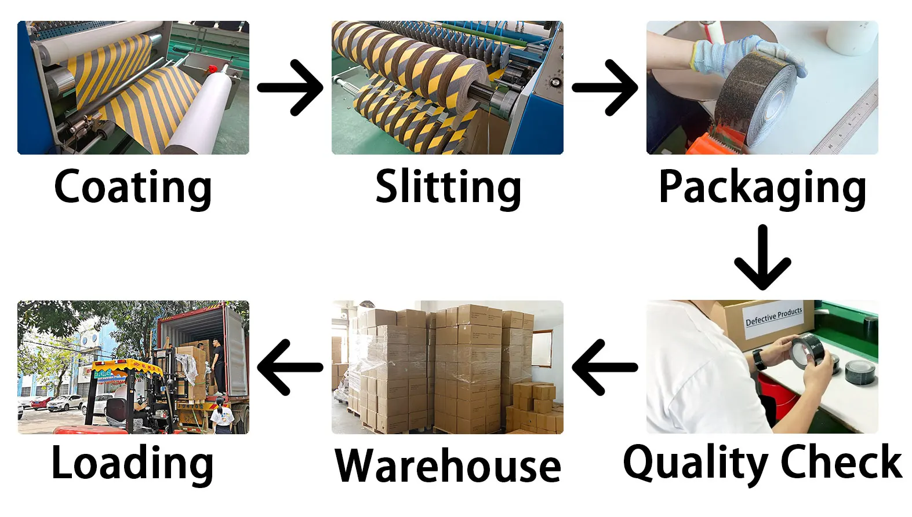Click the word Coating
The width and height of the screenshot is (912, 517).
point(133,186)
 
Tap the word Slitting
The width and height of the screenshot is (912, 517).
point(448,186)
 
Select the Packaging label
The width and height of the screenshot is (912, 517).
point(762,186)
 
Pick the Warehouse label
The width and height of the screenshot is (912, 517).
point(448,466)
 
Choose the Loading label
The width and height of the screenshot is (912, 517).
point(133,463)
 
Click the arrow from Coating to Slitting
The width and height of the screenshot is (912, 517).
point(290,87)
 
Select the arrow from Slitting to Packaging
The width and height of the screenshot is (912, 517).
point(605,87)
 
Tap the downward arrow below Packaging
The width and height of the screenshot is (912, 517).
point(762,258)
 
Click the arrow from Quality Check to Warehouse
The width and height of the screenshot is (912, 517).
point(605,367)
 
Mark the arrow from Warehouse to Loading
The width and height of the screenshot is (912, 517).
point(290,367)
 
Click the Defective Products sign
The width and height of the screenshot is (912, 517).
point(773,317)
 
